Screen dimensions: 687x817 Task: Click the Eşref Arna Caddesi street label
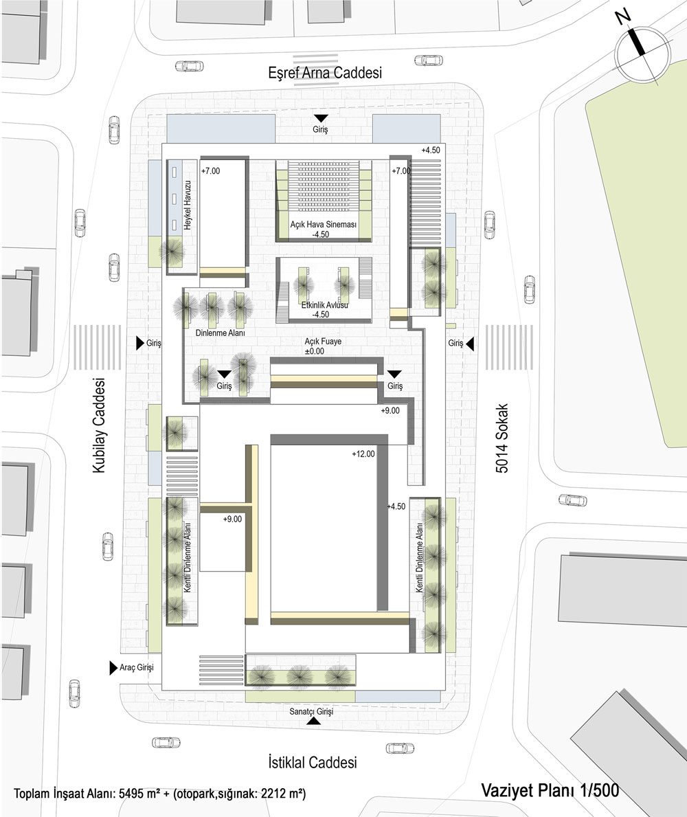[x=325, y=72]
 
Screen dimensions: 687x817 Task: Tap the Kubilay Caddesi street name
[x=99, y=426]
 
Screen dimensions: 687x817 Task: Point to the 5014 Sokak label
[x=502, y=438]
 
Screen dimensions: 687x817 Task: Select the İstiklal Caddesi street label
[x=313, y=762]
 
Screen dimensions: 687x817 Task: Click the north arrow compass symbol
[x=642, y=53]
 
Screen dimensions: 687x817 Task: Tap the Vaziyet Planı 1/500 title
[x=550, y=790]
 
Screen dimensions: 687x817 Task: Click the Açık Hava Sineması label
[x=324, y=225]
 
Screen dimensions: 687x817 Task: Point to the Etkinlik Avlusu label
[x=325, y=305]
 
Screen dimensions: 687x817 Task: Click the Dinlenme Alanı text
[x=220, y=333]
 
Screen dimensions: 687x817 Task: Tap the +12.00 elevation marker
[x=363, y=454]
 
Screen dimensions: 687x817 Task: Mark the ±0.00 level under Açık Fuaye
[x=315, y=351]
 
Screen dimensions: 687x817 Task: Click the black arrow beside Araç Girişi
[x=113, y=668]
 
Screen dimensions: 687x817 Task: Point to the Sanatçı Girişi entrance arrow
[x=313, y=721]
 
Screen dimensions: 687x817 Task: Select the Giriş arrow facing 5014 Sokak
[x=470, y=344]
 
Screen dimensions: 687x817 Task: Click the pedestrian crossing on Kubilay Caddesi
[x=97, y=347]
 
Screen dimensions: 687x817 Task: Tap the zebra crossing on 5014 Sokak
[x=509, y=347]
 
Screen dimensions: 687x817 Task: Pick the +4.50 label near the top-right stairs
[x=431, y=150]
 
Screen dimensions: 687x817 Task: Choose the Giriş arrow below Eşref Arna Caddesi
[x=321, y=117]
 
